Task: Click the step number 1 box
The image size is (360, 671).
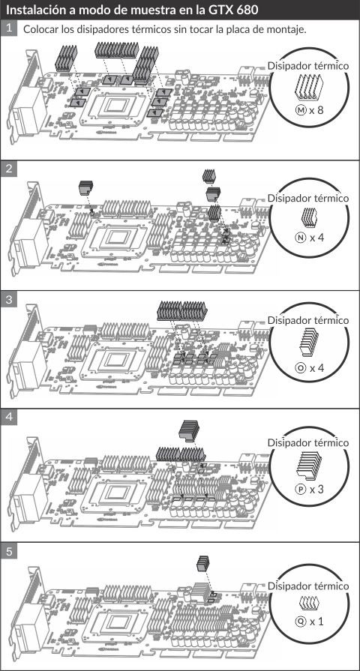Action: tap(8, 29)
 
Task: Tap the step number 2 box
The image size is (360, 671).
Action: tap(8, 168)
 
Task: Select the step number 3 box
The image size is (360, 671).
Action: tap(8, 300)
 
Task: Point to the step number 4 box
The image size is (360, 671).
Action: tap(8, 417)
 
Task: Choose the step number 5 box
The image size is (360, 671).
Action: tap(8, 551)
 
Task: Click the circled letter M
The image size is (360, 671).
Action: tap(301, 110)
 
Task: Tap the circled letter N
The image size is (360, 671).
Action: tap(301, 237)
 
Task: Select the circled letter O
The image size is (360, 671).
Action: tap(301, 367)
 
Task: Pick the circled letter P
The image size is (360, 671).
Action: tap(301, 489)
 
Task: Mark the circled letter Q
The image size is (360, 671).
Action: tap(301, 621)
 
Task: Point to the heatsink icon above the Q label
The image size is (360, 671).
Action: tap(309, 603)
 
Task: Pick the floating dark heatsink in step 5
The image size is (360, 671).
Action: tap(203, 564)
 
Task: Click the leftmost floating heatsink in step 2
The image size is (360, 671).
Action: tap(86, 186)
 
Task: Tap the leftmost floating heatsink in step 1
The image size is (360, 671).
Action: tap(65, 58)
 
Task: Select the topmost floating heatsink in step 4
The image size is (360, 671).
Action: tap(189, 430)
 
